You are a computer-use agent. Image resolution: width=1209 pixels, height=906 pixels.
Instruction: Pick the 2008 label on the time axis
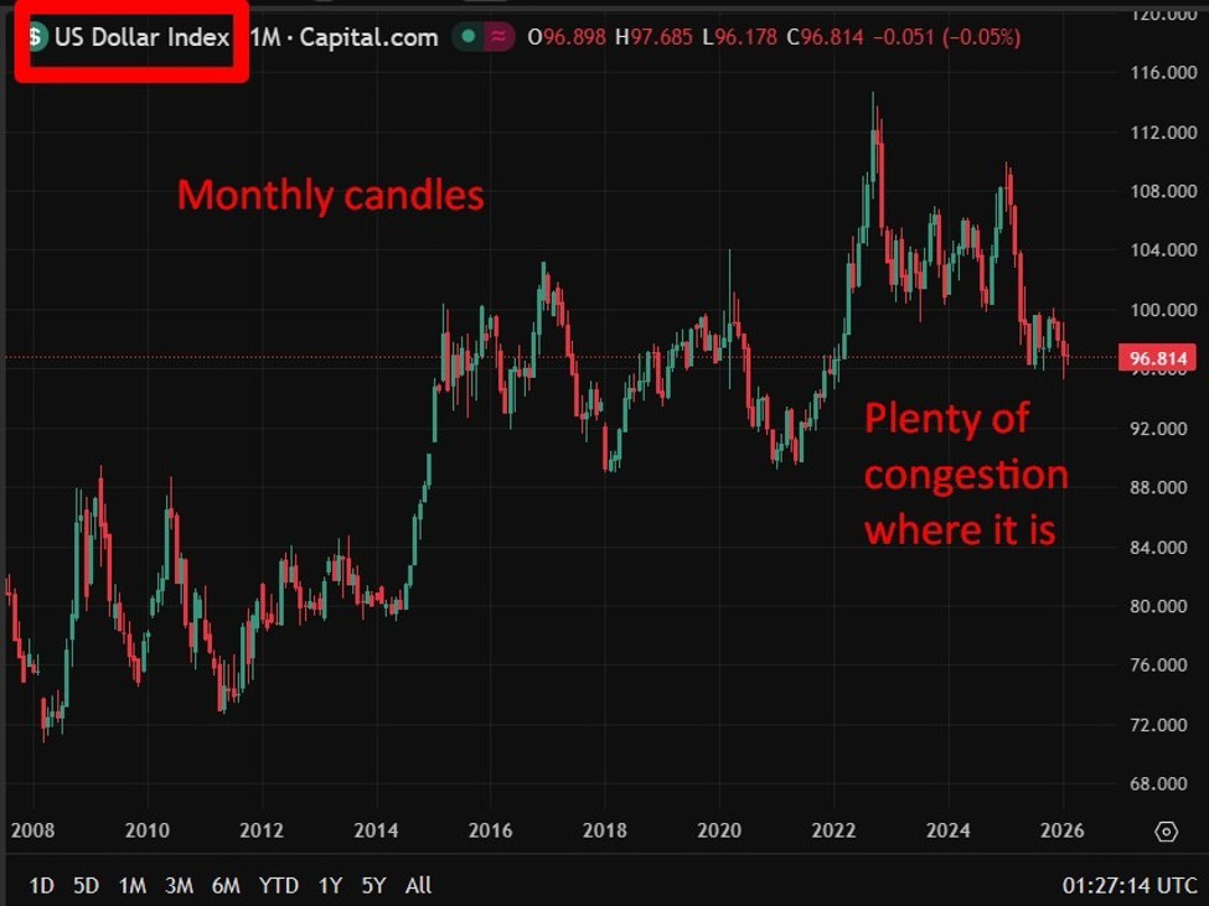[33, 830]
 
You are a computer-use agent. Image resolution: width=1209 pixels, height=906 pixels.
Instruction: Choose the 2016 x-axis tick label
[490, 830]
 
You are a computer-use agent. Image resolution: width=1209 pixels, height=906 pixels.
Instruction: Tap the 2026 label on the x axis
[1062, 830]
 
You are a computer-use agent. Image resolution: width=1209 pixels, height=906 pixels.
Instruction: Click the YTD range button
[279, 885]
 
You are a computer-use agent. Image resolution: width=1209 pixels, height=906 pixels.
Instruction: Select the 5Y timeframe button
[374, 885]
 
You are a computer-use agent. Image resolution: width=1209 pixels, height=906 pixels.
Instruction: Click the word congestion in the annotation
[966, 476]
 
